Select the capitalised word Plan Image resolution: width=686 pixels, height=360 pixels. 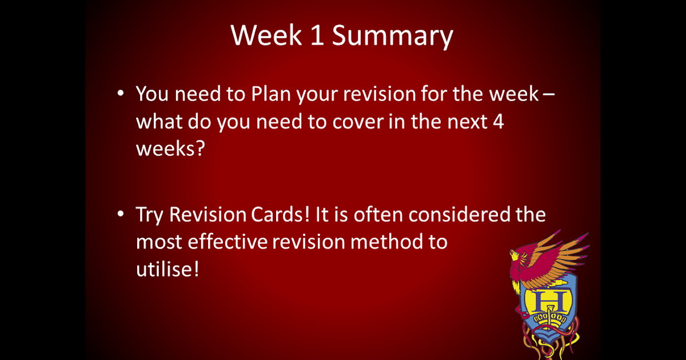(270, 94)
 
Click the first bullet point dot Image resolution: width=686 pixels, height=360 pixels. (120, 93)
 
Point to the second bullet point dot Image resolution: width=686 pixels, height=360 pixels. (120, 214)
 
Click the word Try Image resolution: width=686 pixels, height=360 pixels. (150, 216)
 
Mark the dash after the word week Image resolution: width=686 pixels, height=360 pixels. (548, 95)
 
